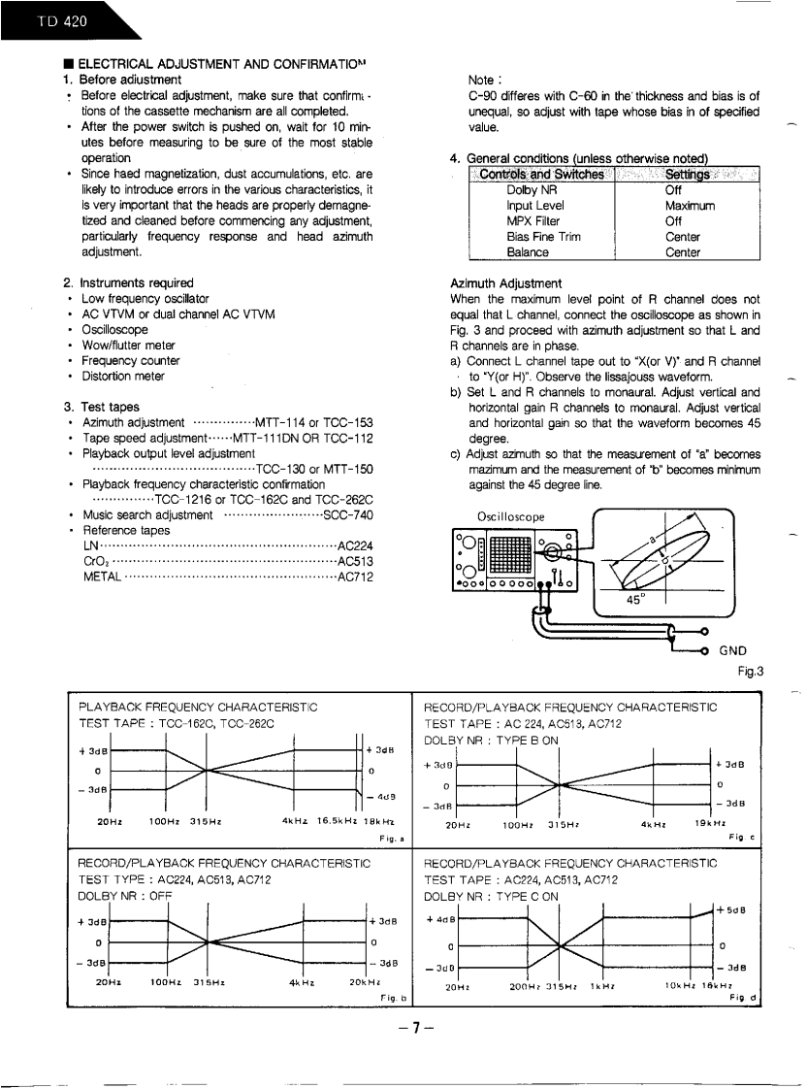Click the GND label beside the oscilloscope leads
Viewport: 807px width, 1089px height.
[734, 651]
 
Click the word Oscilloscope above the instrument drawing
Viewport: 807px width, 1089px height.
[510, 514]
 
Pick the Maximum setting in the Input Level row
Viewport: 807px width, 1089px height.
[690, 206]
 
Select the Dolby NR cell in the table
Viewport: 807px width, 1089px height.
[528, 190]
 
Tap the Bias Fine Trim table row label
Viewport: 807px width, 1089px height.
[535, 237]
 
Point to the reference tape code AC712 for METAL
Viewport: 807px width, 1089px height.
[355, 577]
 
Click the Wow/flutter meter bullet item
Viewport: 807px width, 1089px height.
[128, 345]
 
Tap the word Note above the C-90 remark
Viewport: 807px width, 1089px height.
[482, 80]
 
